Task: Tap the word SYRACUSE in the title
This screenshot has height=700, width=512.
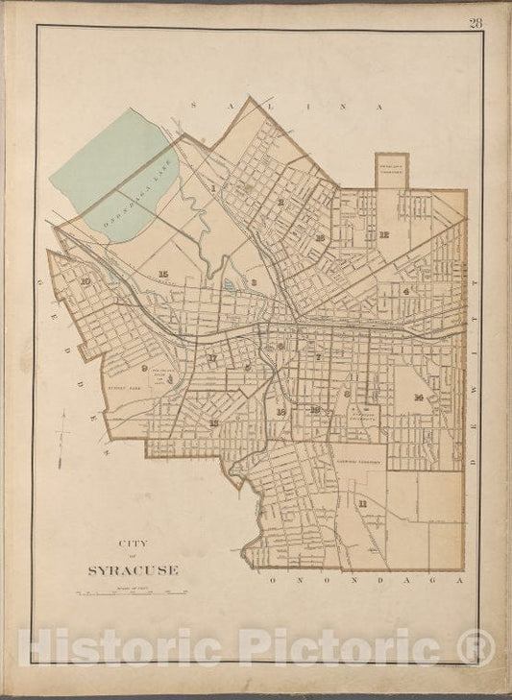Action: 133,569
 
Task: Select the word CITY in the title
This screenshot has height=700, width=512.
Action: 133,542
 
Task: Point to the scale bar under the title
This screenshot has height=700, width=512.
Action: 132,592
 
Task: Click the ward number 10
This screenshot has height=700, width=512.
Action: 85,281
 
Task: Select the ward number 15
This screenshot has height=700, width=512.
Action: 163,274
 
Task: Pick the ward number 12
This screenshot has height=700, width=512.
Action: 383,233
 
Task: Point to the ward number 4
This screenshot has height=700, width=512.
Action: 406,291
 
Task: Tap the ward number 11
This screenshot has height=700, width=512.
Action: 362,503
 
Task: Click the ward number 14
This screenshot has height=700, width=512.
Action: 419,397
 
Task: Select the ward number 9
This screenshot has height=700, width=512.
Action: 143,368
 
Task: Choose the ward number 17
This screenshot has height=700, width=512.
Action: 212,359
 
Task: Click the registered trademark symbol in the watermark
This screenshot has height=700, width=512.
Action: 477,640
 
